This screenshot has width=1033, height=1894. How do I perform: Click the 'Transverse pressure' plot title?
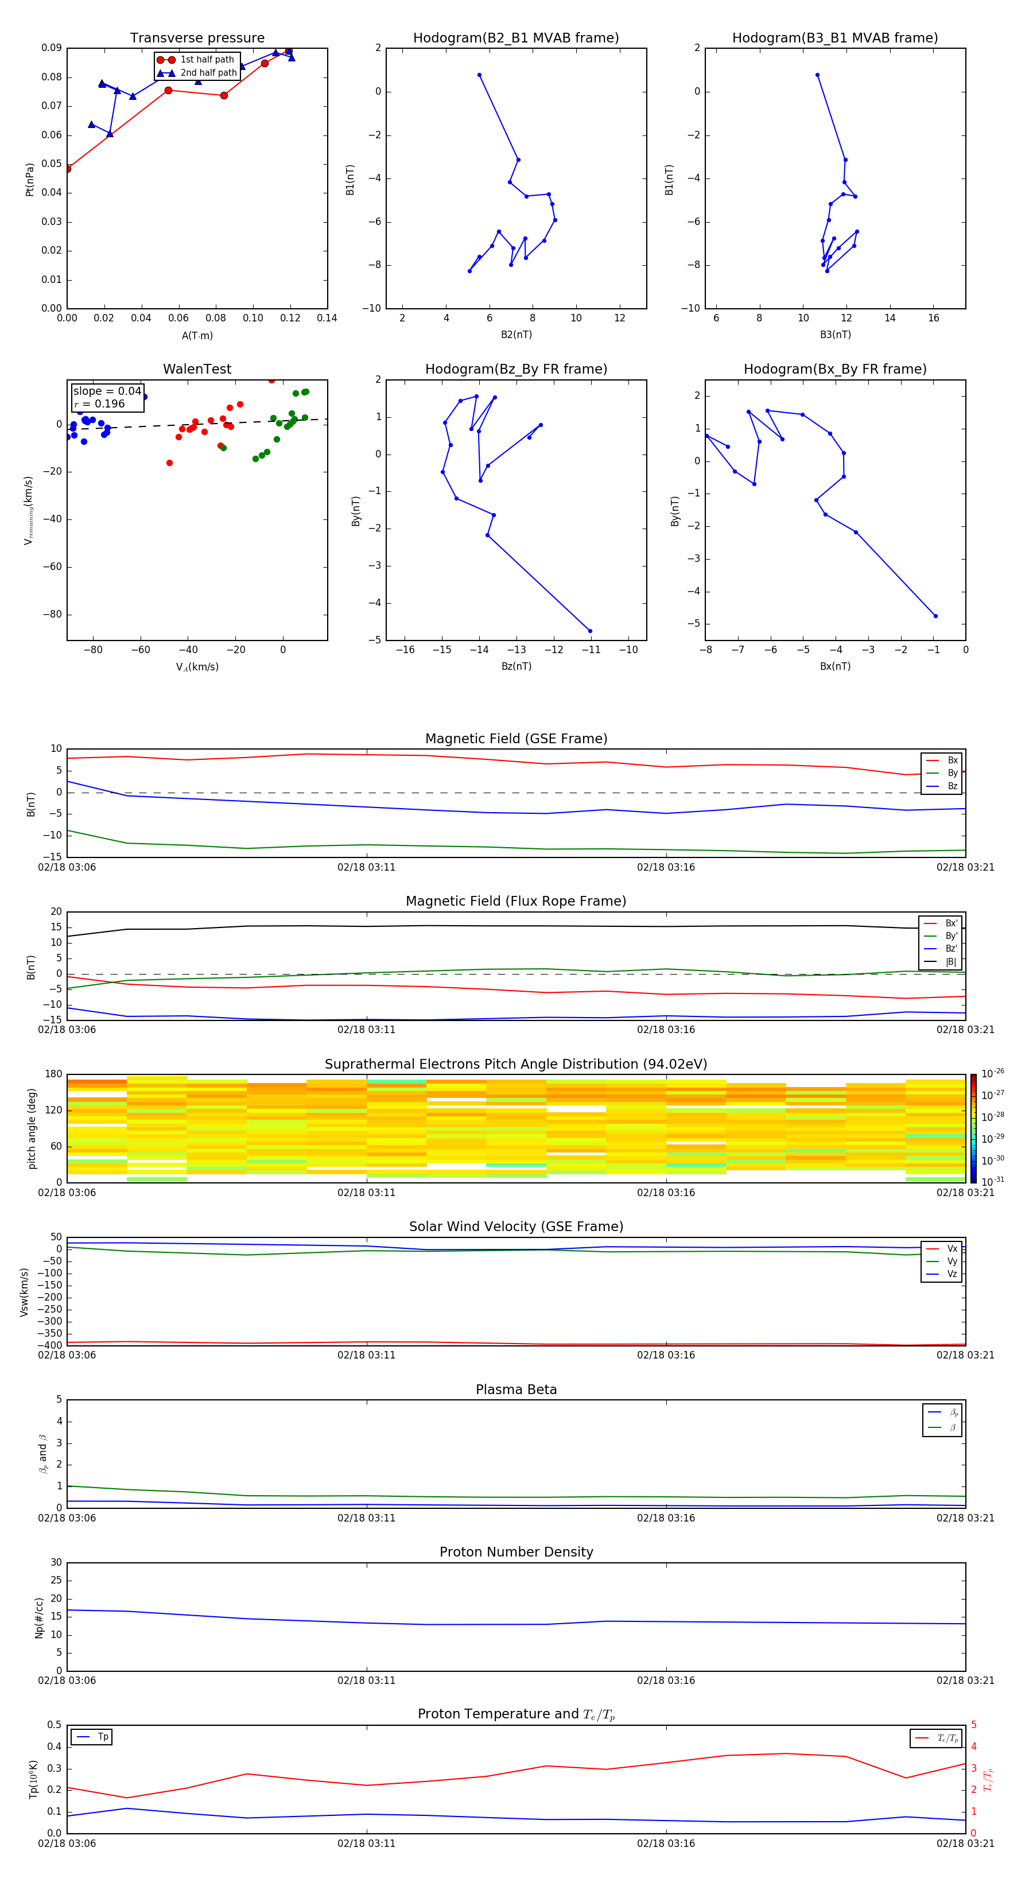197,38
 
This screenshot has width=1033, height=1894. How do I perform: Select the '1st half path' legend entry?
207,60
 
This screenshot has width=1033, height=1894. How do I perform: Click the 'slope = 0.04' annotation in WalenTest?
107,391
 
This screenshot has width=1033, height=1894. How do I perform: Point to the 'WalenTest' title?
197,369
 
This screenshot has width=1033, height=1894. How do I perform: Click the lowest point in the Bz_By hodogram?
589,631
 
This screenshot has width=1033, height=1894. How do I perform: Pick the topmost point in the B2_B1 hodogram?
479,75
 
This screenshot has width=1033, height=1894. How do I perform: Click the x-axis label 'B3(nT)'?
835,335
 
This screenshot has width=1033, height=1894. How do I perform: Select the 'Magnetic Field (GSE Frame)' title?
516,739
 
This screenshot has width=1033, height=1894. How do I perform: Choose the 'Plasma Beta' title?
516,1390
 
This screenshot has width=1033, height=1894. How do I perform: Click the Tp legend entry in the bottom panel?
102,1737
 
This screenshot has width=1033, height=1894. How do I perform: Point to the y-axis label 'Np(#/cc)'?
39,1617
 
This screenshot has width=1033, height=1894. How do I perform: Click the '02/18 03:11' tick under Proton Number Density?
366,1680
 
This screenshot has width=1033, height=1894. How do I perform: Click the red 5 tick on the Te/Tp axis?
974,1725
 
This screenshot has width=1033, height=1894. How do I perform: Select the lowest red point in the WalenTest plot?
169,463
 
